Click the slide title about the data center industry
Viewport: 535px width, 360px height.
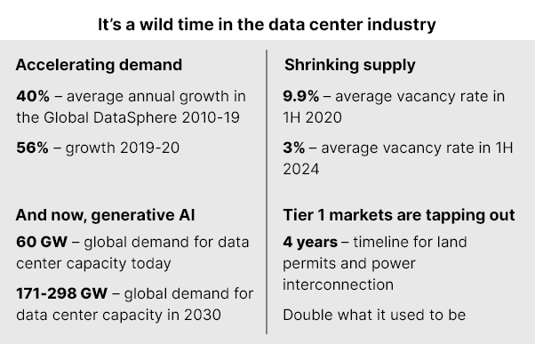pyautogui.click(x=267, y=25)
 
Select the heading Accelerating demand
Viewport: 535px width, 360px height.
pyautogui.click(x=99, y=65)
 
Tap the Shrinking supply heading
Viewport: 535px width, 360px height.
pyautogui.click(x=350, y=65)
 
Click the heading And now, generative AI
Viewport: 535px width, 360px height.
pyautogui.click(x=105, y=216)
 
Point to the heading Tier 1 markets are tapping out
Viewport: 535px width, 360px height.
pyautogui.click(x=399, y=215)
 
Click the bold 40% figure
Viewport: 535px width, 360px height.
pyautogui.click(x=33, y=96)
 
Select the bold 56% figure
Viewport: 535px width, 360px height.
pyautogui.click(x=32, y=148)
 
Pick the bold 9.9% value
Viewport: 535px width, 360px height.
pyautogui.click(x=301, y=96)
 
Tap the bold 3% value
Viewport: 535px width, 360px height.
pyautogui.click(x=294, y=148)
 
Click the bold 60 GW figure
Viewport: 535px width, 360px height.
pyautogui.click(x=42, y=242)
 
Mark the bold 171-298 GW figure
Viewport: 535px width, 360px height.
pyautogui.click(x=61, y=293)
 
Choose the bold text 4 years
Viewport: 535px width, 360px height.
pyautogui.click(x=310, y=243)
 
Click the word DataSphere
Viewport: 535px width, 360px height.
pyautogui.click(x=135, y=118)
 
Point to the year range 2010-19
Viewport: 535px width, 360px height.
pyautogui.click(x=211, y=117)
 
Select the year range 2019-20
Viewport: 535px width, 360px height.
pyautogui.click(x=150, y=148)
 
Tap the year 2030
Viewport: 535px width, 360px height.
pyautogui.click(x=203, y=315)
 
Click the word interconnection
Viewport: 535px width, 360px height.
pyautogui.click(x=338, y=284)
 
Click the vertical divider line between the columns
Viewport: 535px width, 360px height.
pyautogui.click(x=267, y=192)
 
